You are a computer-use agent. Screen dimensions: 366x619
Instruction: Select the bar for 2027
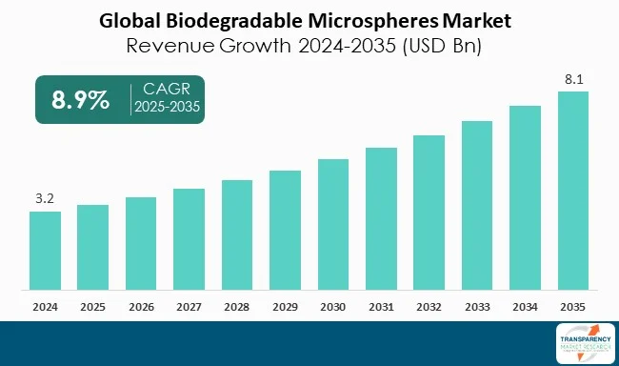189,239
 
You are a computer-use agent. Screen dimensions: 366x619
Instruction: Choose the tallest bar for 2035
573,191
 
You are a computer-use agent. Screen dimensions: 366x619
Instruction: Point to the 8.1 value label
573,80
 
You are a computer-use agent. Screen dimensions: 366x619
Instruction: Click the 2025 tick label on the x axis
92,307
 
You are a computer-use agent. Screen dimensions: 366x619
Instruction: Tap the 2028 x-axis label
237,307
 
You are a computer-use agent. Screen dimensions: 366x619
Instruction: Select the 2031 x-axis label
381,307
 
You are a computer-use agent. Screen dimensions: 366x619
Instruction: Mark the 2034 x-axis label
526,307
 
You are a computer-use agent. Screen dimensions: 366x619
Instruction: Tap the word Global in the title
132,18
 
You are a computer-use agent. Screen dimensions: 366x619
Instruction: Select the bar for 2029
285,231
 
